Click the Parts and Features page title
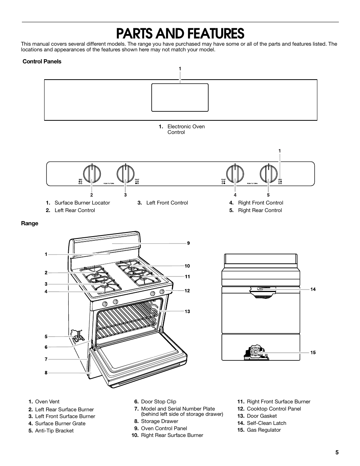(x=180, y=34)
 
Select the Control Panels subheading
(x=42, y=62)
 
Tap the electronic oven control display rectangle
(x=180, y=97)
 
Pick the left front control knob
(x=126, y=174)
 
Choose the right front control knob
(x=235, y=174)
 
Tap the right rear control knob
(x=269, y=174)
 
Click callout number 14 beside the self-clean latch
(x=313, y=289)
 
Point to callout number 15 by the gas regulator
(x=313, y=352)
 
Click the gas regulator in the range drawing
(x=256, y=352)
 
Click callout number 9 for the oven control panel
(x=188, y=243)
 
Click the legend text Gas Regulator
(x=264, y=430)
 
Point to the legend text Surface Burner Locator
(x=82, y=203)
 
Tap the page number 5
(x=337, y=453)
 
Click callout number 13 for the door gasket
(x=187, y=311)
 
